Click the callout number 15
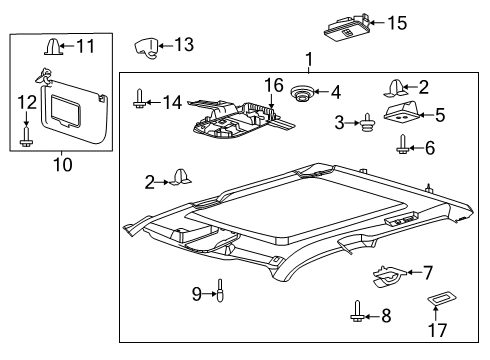coord(398,22)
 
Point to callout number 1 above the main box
coord(308,60)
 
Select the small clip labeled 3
coord(369,124)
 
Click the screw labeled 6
coord(403,149)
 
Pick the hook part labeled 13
coord(148,47)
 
